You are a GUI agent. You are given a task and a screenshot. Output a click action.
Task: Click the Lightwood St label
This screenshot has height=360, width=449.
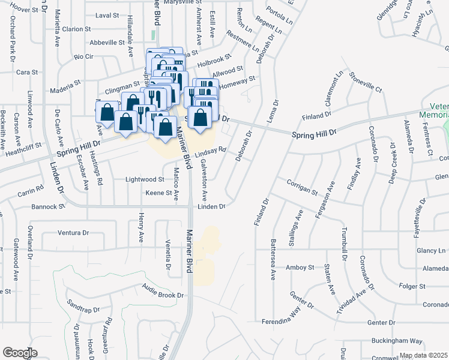click(x=144, y=179)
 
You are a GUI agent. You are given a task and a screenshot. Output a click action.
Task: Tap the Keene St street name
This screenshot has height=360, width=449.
click(x=159, y=193)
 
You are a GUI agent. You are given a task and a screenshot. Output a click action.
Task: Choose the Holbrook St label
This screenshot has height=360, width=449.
click(x=214, y=60)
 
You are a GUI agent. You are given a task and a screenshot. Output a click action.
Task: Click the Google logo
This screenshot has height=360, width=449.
click(x=20, y=353)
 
